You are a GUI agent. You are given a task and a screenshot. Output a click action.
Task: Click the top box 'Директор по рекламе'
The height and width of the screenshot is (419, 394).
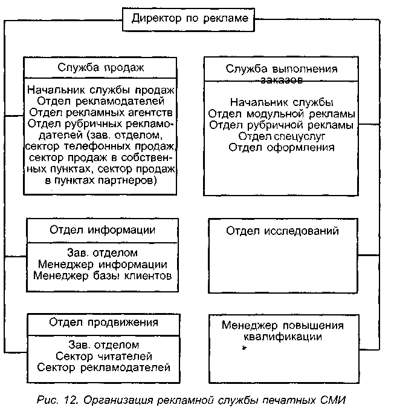click(189, 19)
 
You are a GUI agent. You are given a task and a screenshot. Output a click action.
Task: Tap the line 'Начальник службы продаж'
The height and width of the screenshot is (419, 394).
click(101, 90)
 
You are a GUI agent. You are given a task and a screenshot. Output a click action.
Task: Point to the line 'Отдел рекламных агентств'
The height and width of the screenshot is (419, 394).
click(101, 113)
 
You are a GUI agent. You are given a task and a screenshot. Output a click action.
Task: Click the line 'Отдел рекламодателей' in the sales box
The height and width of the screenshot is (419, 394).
click(101, 101)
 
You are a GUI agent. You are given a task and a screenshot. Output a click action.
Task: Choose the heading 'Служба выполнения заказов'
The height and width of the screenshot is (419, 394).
click(282, 73)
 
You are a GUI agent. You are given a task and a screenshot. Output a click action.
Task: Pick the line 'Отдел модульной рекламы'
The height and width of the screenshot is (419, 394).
click(282, 113)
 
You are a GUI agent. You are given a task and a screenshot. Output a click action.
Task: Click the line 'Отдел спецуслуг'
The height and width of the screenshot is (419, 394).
click(282, 136)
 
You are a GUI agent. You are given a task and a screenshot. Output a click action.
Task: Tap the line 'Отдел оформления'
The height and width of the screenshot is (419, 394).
click(282, 147)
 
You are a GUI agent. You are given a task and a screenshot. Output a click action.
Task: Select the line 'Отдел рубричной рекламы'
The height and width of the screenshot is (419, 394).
click(282, 125)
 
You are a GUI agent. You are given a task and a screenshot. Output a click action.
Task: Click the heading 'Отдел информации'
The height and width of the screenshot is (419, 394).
click(102, 230)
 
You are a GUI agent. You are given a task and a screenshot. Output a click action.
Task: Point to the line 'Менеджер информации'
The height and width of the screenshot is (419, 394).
click(102, 265)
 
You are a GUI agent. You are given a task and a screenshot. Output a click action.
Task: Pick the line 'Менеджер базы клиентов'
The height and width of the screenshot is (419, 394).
click(102, 276)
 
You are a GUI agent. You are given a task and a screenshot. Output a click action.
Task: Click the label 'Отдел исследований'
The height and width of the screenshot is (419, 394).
click(282, 231)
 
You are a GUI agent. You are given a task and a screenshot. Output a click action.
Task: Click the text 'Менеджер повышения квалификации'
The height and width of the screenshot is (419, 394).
click(282, 331)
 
